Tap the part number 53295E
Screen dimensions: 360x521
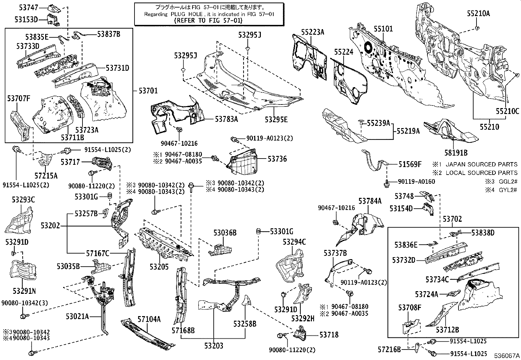click(276, 120)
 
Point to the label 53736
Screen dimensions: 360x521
click(277, 159)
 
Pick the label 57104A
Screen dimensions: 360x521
click(149, 319)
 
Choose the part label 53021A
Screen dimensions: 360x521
click(77, 316)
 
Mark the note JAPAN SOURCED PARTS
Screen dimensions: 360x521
click(481, 164)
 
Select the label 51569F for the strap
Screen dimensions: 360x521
click(410, 164)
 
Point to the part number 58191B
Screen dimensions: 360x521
click(456, 152)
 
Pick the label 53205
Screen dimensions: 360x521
click(159, 267)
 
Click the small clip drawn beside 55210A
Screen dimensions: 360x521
click(477, 28)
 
